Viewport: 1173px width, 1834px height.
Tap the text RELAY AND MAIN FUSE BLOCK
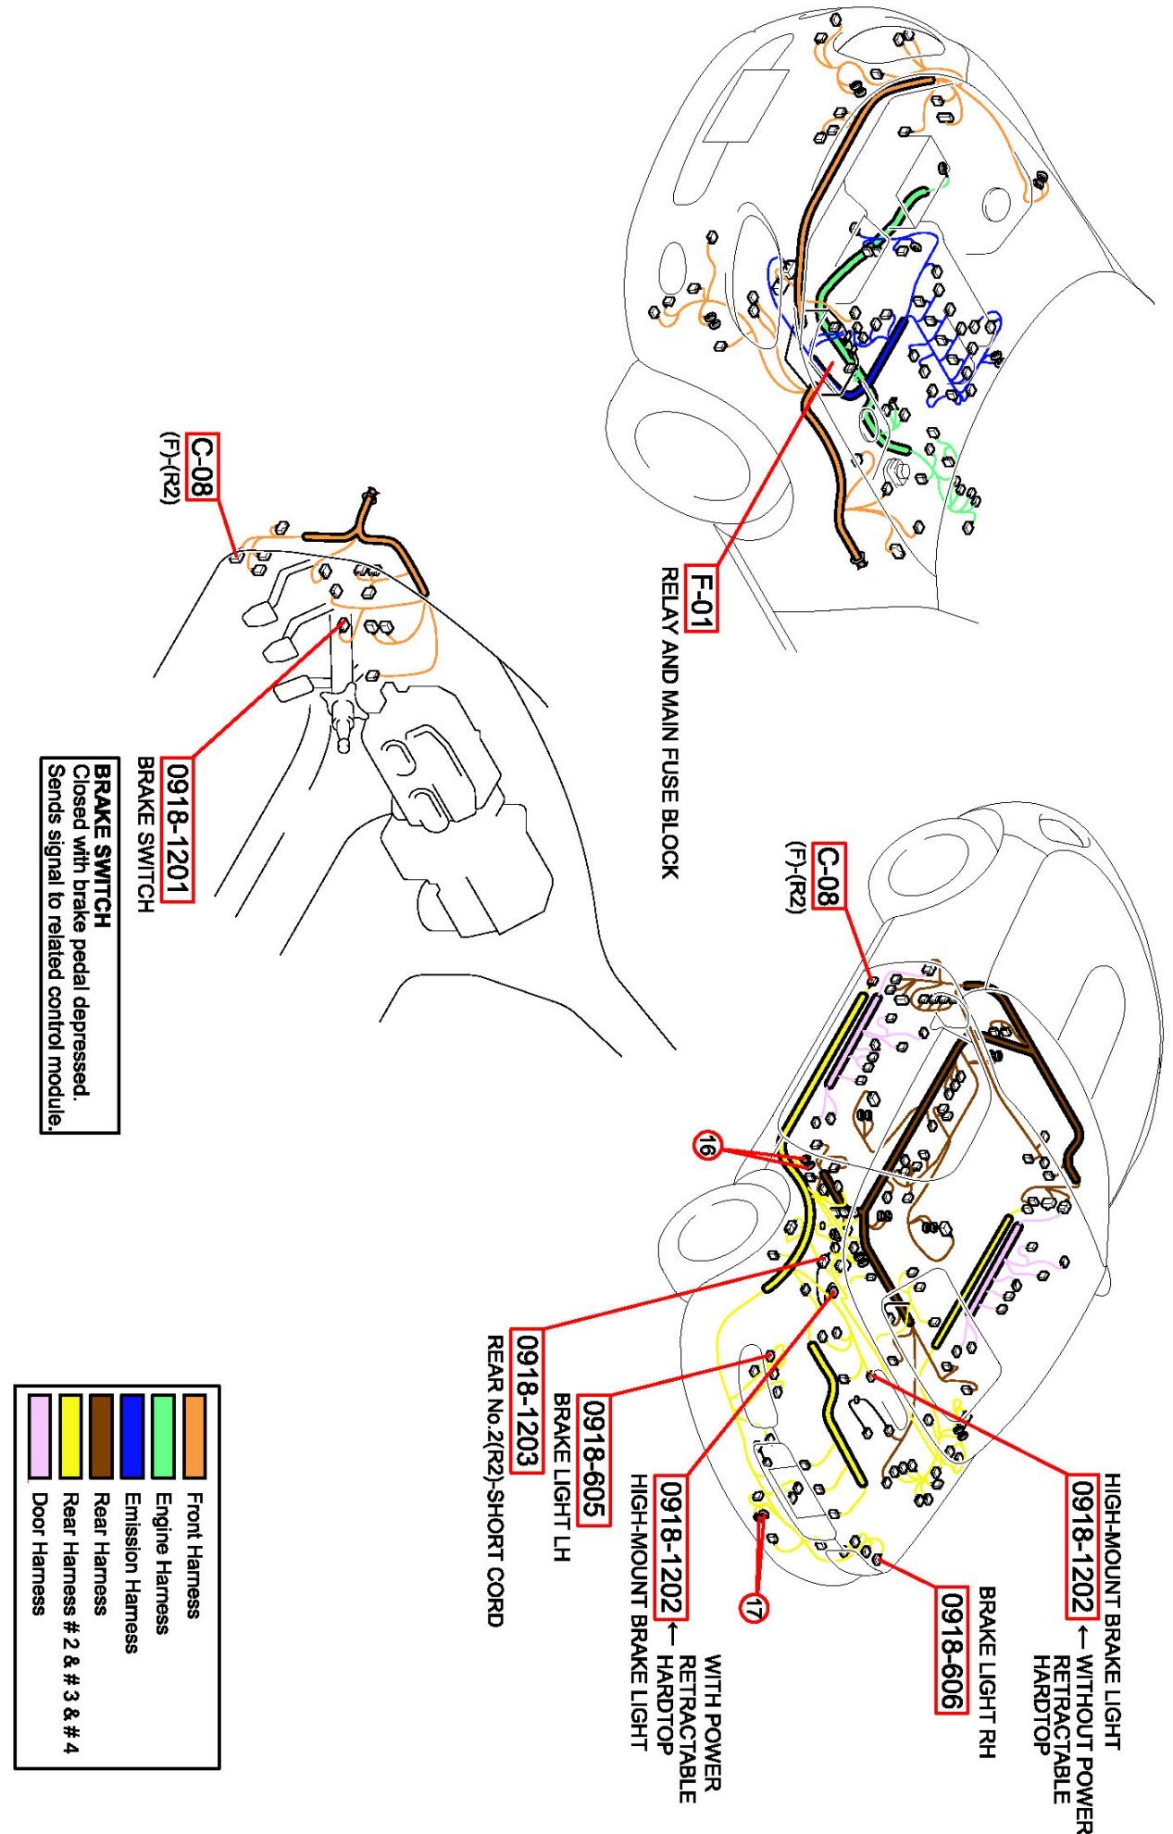[669, 722]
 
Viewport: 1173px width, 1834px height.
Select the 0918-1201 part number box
[177, 829]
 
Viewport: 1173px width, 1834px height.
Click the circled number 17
[753, 1609]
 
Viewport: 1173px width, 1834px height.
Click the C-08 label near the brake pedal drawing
[202, 466]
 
